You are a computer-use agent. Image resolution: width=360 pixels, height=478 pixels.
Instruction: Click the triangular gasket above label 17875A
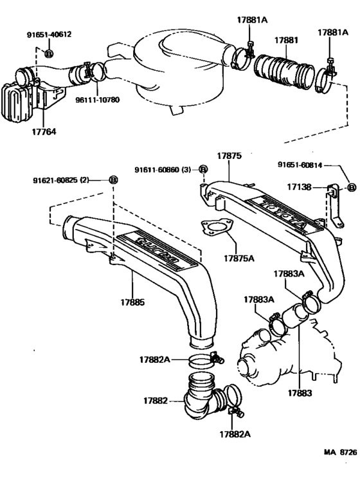point(215,230)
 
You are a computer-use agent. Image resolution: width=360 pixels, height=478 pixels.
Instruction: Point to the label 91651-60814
point(305,164)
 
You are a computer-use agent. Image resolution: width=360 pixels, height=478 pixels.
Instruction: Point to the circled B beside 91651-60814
point(351,187)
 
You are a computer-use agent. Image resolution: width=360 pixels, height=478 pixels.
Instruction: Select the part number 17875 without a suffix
point(229,155)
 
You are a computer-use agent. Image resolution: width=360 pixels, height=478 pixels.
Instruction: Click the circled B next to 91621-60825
point(113,180)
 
